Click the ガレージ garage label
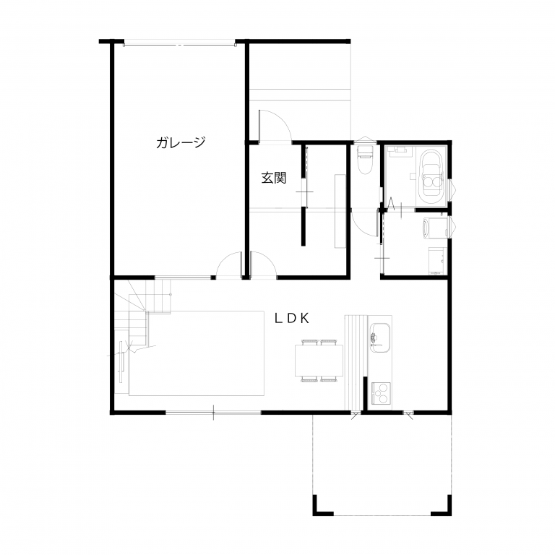tap(181, 142)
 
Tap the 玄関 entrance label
tap(274, 178)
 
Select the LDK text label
tap(292, 319)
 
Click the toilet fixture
tap(365, 160)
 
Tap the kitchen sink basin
tap(380, 337)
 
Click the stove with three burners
tap(382, 394)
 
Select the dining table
tap(319, 361)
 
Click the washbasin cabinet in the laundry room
tap(437, 260)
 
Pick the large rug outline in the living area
tap(197, 353)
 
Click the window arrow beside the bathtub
tap(453, 189)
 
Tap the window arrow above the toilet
tap(364, 139)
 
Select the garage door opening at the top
tap(179, 44)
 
